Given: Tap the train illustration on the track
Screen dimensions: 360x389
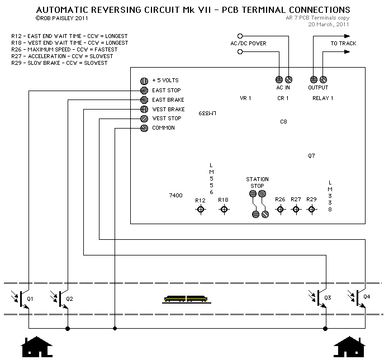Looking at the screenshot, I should pyautogui.click(x=187, y=299).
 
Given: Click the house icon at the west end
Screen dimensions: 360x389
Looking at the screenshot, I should pyautogui.click(x=36, y=347).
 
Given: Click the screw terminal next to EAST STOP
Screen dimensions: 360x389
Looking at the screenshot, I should pyautogui.click(x=144, y=90).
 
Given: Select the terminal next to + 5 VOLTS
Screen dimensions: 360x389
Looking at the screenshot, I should pyautogui.click(x=144, y=80).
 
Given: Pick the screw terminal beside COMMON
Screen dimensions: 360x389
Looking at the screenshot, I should pyautogui.click(x=144, y=128).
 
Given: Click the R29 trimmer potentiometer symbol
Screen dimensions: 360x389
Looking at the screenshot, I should pyautogui.click(x=312, y=209).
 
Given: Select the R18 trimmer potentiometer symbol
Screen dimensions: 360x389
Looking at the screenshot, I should pyautogui.click(x=224, y=209).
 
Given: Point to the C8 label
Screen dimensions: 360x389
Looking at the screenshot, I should pyautogui.click(x=283, y=121).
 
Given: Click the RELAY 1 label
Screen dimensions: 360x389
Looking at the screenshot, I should pyautogui.click(x=322, y=98).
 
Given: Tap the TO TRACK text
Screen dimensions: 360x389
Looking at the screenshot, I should pyautogui.click(x=343, y=44).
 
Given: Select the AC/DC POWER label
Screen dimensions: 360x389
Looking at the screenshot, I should pyautogui.click(x=248, y=44).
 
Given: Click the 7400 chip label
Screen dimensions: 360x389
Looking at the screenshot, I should pyautogui.click(x=175, y=195).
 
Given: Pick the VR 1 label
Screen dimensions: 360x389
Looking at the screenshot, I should pyautogui.click(x=245, y=98).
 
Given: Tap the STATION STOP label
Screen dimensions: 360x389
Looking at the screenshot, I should pyautogui.click(x=257, y=182).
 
